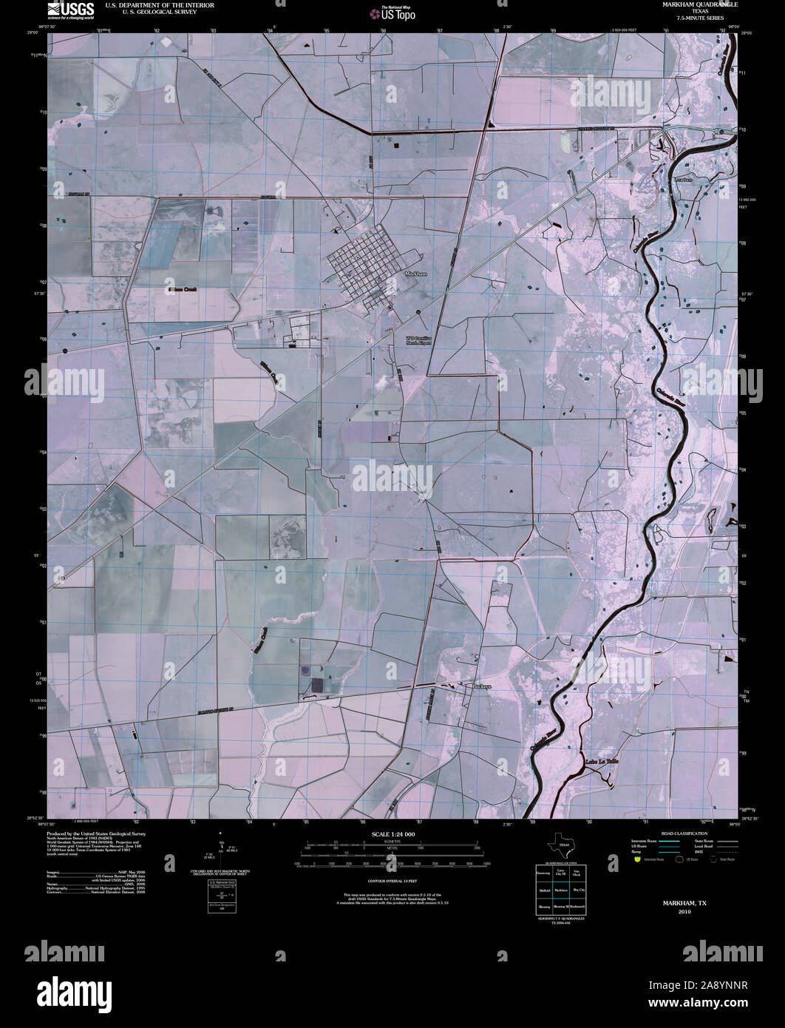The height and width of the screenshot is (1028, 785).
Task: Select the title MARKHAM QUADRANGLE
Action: [695, 5]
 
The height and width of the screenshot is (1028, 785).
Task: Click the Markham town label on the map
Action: [417, 274]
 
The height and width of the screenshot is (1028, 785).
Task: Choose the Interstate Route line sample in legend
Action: [670, 842]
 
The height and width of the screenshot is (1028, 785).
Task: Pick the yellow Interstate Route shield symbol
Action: [637, 859]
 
